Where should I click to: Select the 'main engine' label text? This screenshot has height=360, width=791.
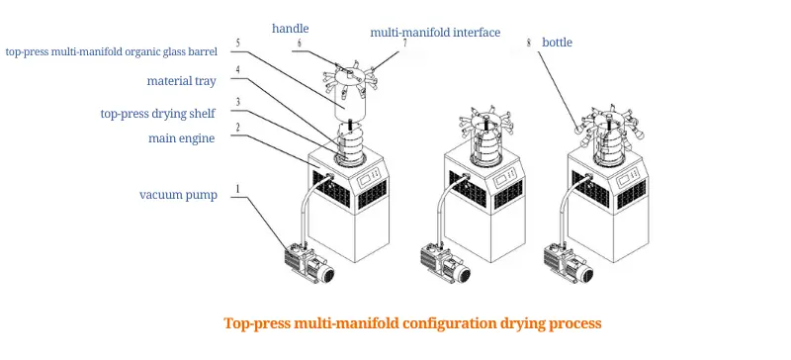[x=181, y=137]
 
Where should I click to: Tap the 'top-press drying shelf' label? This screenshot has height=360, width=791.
[x=158, y=113]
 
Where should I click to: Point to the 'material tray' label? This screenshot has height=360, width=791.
[x=182, y=81]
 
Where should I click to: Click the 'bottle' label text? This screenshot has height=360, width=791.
[x=557, y=43]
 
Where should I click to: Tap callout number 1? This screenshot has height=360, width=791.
[x=236, y=187]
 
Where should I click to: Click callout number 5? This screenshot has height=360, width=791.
[x=236, y=44]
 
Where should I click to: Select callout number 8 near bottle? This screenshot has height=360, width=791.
[x=529, y=43]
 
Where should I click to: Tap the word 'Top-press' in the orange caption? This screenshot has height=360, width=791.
[x=258, y=322]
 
